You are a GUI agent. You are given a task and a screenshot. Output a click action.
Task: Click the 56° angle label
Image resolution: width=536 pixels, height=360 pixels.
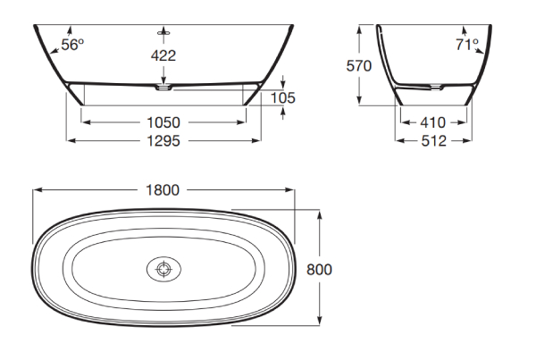click(x=72, y=45)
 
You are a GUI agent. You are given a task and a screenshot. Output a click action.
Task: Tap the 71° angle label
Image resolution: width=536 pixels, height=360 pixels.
click(x=467, y=45)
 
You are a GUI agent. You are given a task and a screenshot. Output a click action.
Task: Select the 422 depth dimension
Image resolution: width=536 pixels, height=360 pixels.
click(x=163, y=55)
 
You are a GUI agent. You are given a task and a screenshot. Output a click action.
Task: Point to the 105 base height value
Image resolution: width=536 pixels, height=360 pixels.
click(x=282, y=98)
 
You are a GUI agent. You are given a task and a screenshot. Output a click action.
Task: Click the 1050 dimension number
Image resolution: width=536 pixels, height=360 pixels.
click(x=163, y=122)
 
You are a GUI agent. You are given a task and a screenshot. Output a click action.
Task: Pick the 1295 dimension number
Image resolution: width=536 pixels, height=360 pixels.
click(x=163, y=141)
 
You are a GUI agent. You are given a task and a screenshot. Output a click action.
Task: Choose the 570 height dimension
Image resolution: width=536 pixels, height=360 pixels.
click(x=358, y=66)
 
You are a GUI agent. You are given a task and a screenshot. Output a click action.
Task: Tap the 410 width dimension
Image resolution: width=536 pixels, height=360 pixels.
click(x=433, y=122)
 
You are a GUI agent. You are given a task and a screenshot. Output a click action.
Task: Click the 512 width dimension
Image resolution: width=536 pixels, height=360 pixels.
click(x=434, y=141)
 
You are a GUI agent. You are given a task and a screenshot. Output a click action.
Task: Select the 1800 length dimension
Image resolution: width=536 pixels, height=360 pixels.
click(x=163, y=190)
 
